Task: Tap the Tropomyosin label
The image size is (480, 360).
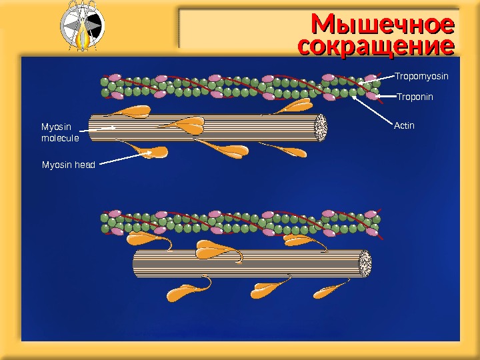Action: [421, 77]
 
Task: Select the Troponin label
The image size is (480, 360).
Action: [415, 97]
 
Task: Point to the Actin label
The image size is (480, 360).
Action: [405, 125]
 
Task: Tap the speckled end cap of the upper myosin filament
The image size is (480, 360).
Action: [321, 127]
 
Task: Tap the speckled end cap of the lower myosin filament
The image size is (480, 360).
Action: [365, 264]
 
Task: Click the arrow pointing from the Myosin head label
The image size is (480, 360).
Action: [124, 159]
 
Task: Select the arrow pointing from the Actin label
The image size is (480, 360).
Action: [371, 109]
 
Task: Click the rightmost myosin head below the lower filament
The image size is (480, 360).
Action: [328, 290]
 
